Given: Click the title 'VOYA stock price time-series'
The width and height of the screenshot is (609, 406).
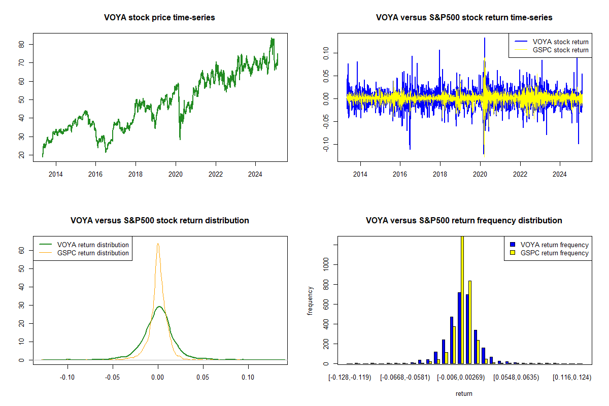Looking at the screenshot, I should pos(159,18).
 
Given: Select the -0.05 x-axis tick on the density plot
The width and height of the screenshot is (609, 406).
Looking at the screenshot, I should pos(113,377).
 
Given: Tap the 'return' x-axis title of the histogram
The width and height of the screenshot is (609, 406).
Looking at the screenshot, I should pos(464,393).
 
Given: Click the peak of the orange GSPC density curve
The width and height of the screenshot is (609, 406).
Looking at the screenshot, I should pos(158,244).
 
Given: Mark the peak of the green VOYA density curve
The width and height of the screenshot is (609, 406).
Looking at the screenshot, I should pos(159,307).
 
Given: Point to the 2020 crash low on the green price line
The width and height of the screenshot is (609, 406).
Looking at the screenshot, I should pos(180,139).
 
